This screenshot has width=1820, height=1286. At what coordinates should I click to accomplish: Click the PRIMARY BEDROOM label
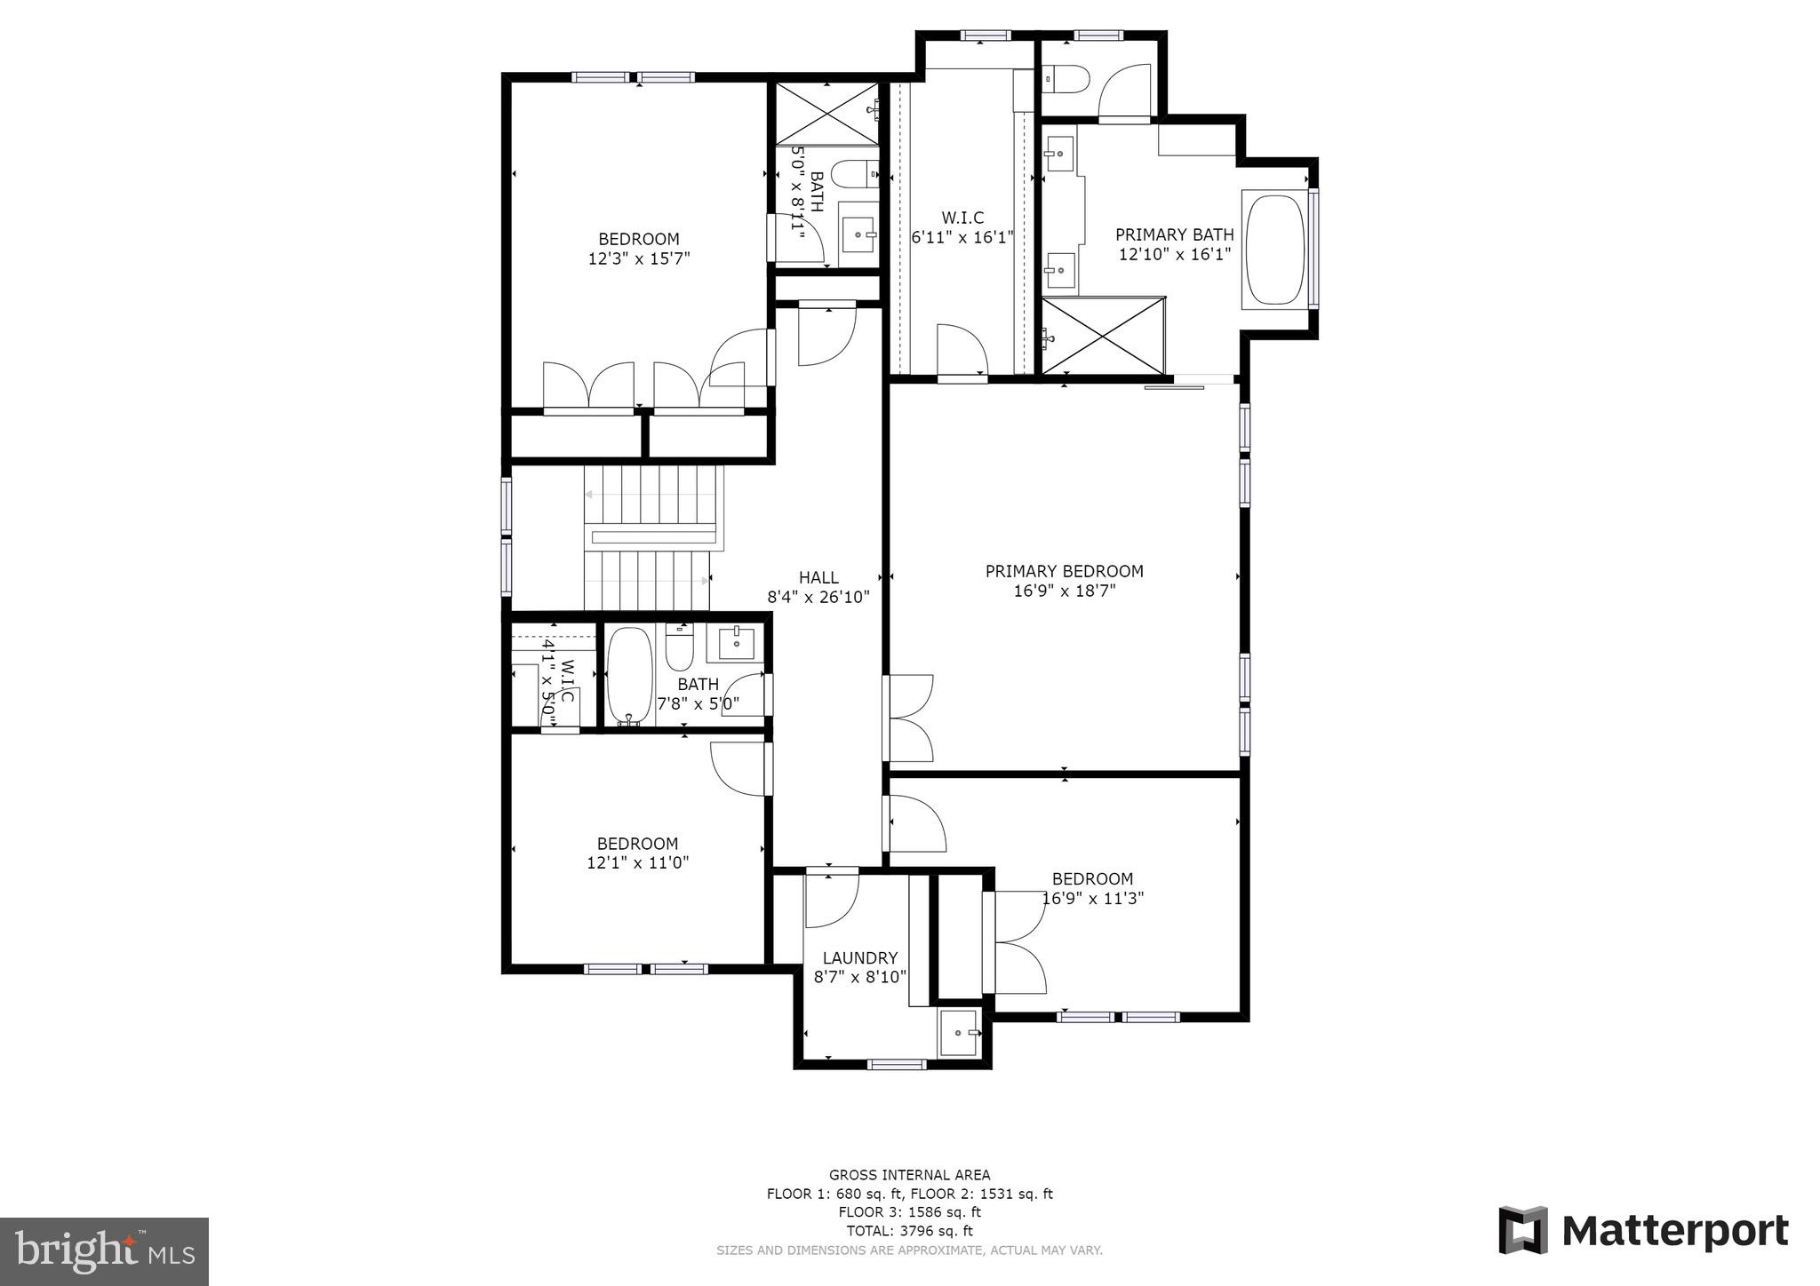click(1064, 571)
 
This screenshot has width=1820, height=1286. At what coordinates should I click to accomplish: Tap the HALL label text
click(818, 577)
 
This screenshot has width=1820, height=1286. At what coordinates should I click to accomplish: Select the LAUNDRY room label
click(859, 958)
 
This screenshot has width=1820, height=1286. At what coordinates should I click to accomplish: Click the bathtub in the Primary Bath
click(1275, 251)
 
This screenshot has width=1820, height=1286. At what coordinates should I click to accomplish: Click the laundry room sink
click(958, 1033)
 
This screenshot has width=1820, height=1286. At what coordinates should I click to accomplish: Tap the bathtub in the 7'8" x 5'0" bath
click(628, 677)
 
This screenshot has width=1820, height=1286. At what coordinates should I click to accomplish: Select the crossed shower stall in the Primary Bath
click(1102, 336)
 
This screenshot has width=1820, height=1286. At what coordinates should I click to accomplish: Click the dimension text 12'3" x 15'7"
click(638, 258)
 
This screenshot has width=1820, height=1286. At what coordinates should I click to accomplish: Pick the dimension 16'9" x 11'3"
click(1092, 898)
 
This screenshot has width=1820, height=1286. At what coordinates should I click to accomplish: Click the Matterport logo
click(1643, 1231)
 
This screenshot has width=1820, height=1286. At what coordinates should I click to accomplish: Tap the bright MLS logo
click(104, 1251)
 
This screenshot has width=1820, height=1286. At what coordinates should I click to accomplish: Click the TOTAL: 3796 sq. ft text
click(909, 1231)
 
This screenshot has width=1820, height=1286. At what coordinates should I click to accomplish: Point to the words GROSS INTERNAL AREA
click(909, 1175)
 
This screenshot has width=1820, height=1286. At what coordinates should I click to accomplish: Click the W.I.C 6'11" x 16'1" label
click(962, 227)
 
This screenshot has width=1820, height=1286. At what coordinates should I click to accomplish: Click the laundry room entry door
click(831, 899)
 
